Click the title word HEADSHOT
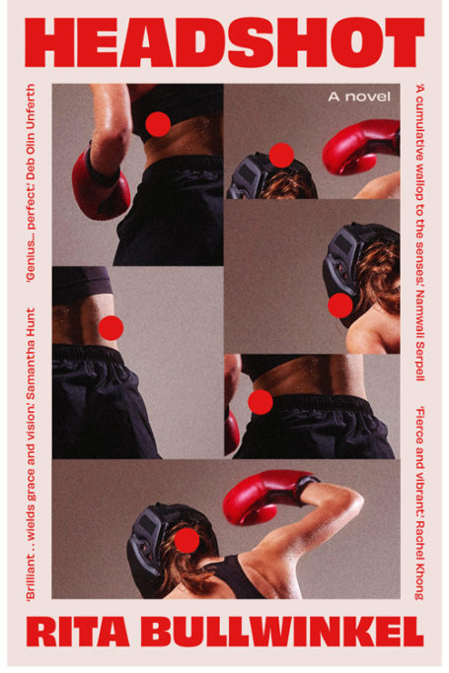tap(224, 42)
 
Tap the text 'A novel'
tap(359, 97)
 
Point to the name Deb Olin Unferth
tap(31, 128)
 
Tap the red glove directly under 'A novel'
tap(360, 146)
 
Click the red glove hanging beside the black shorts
tap(100, 184)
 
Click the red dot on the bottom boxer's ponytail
tap(187, 540)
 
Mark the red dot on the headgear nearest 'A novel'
tap(281, 155)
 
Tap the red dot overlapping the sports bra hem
tap(158, 124)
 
